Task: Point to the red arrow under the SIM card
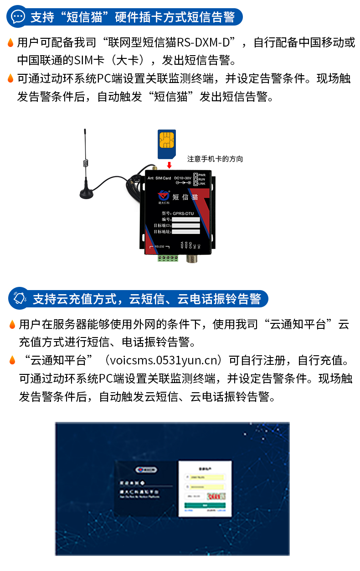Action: pyautogui.click(x=169, y=165)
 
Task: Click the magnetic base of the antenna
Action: pyautogui.click(x=87, y=194)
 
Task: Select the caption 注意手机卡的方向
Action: pyautogui.click(x=215, y=159)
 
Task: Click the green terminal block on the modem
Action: pyautogui.click(x=168, y=258)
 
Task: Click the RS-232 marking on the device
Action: pyautogui.click(x=159, y=247)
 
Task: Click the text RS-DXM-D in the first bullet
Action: pyautogui.click(x=206, y=43)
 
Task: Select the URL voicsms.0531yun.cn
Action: pyautogui.click(x=163, y=360)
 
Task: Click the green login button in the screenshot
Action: pyautogui.click(x=205, y=505)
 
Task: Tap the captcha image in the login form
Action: pyautogui.click(x=216, y=496)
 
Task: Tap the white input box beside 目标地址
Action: pyautogui.click(x=185, y=232)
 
